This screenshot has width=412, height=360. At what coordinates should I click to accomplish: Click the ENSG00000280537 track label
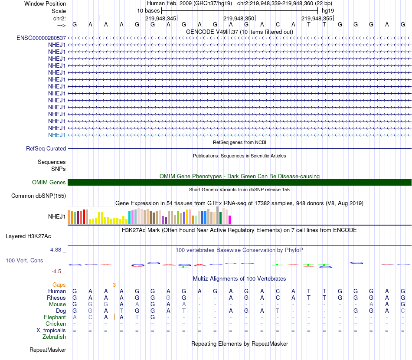click(41, 38)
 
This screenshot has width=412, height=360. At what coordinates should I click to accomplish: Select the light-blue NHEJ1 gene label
click(57, 135)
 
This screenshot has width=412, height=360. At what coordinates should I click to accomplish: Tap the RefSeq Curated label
click(46, 148)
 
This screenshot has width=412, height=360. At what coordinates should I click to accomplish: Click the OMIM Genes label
click(49, 183)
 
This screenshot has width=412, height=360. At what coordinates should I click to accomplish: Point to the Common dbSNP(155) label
click(39, 196)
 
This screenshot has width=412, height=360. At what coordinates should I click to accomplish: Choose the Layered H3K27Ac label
click(28, 236)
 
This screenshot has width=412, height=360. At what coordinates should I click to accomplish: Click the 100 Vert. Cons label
click(24, 261)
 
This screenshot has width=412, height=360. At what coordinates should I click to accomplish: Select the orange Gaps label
click(59, 285)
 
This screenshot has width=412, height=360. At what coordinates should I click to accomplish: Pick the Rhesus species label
click(56, 298)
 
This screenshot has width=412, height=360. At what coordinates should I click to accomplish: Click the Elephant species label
click(55, 317)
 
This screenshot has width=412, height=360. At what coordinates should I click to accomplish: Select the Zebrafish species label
click(54, 337)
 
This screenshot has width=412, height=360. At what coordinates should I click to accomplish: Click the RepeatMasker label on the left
click(48, 350)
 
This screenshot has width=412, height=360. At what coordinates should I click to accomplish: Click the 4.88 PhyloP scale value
click(57, 250)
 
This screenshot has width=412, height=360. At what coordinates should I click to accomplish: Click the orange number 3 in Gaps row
click(114, 285)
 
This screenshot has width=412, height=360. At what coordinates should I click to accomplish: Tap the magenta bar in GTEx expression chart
click(229, 220)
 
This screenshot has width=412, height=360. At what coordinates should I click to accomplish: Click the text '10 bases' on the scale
click(148, 10)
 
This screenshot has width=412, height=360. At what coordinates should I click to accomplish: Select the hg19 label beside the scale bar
click(327, 10)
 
